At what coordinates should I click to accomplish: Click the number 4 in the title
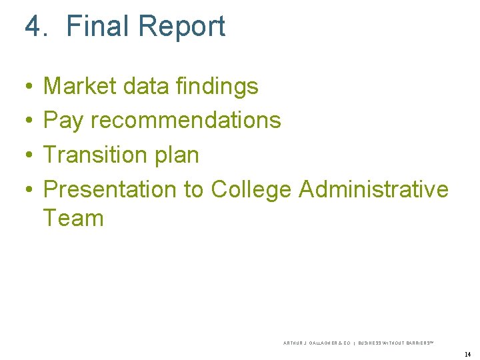pyautogui.click(x=33, y=27)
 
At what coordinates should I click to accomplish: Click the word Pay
pyautogui.click(x=63, y=121)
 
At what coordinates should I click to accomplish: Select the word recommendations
pyautogui.click(x=185, y=121)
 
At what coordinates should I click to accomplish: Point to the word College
pyautogui.click(x=251, y=190)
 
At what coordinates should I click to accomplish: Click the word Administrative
pyautogui.click(x=374, y=189)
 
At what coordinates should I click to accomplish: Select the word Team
pyautogui.click(x=73, y=218)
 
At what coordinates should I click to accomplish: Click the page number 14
pyautogui.click(x=467, y=354)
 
